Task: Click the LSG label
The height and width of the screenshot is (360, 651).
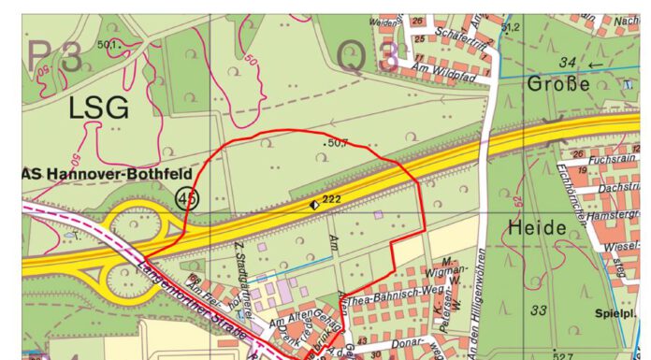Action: pos(97,108)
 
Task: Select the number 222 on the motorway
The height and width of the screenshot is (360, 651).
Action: pos(330,201)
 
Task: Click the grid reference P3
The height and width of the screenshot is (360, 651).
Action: pos(57,55)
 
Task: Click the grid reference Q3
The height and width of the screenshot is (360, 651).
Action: pos(366,58)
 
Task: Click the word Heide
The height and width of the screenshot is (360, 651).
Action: pos(538,227)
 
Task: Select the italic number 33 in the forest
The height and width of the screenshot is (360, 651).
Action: pos(539,310)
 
